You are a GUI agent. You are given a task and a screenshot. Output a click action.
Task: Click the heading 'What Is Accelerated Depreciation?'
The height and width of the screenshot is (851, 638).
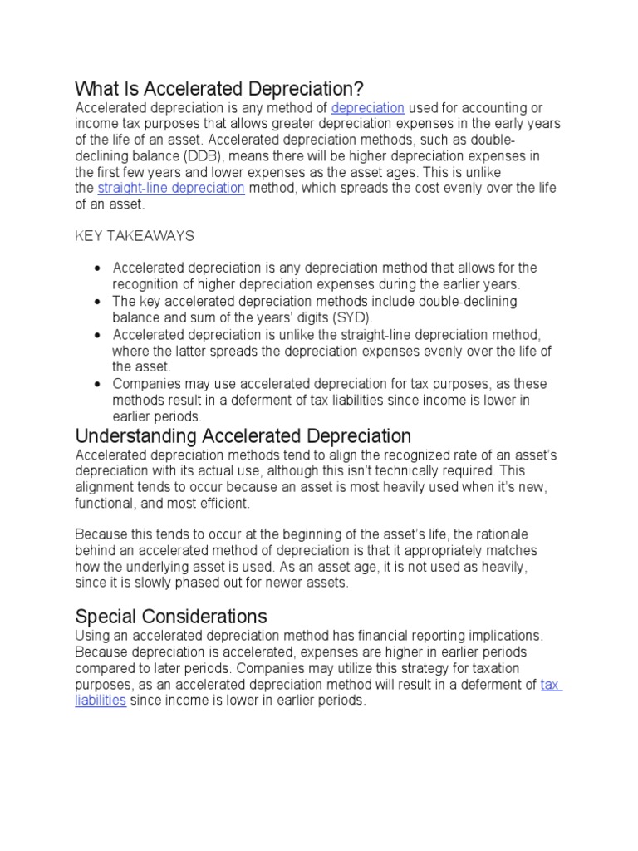pos(219,88)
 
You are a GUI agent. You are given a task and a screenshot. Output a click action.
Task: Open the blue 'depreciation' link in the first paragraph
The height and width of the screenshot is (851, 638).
pos(367,108)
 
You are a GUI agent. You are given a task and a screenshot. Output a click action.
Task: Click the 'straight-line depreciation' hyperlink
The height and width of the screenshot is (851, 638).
pos(170,188)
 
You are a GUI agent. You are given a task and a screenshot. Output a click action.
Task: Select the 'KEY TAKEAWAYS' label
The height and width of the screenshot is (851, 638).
pos(135,236)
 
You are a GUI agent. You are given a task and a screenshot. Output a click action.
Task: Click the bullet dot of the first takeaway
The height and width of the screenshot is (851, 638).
pos(98,268)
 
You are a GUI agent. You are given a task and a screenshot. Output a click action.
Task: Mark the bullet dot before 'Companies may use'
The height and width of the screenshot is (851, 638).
pos(98,384)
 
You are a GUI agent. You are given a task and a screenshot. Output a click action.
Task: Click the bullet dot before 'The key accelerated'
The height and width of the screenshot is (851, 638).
pos(98,302)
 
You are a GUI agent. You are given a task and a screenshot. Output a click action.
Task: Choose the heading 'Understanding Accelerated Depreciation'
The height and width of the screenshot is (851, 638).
pos(243,436)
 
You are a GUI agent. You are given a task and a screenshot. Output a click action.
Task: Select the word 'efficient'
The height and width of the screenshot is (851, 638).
pos(222,504)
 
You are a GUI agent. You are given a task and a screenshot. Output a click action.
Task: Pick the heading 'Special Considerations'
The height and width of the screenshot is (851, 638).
pos(171,617)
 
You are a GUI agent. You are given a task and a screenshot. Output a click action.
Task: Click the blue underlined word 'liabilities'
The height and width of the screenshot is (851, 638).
pos(101,700)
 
